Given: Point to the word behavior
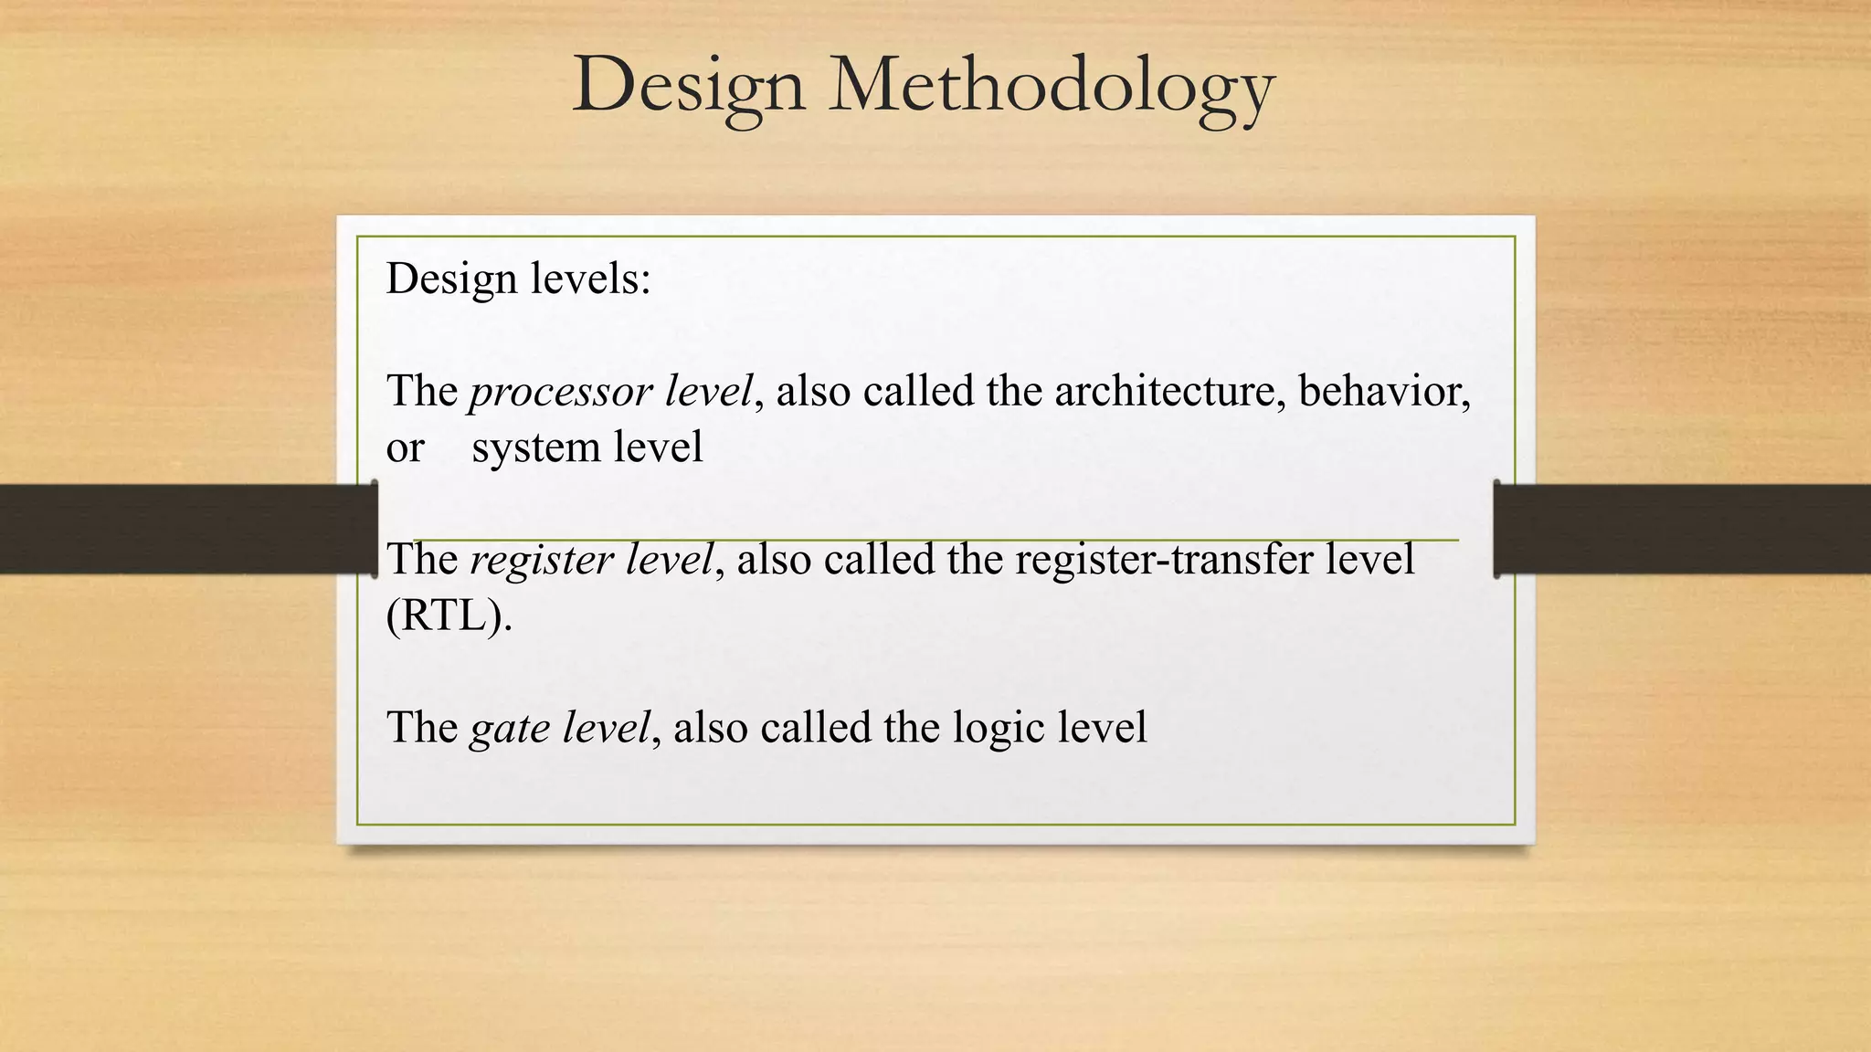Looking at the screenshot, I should coord(1383,391).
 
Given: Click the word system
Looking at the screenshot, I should coord(535,447).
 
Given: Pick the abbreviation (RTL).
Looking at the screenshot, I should coord(449,616).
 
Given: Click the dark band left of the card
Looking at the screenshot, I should coord(183,529).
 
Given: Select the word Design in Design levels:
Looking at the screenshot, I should coord(451,279).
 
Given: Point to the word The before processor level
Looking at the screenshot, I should coord(421,391).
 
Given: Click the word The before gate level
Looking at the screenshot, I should coord(421,728).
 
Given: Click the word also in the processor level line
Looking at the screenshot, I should coord(813,391).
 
